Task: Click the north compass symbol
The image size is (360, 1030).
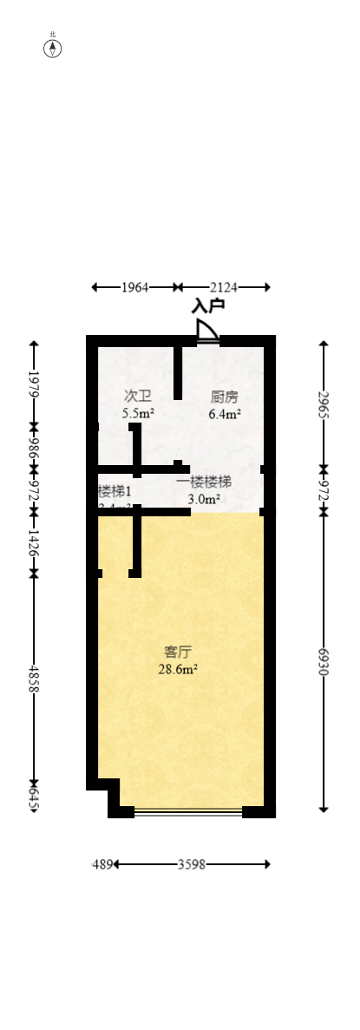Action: pos(53,48)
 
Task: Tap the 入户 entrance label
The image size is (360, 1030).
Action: pos(208,305)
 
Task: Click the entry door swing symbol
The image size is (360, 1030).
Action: pos(206,332)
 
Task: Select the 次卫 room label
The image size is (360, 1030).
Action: pos(138,397)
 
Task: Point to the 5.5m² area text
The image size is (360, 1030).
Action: pos(139,414)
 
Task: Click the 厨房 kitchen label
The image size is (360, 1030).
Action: pos(224,397)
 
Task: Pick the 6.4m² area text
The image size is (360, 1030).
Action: pos(224,414)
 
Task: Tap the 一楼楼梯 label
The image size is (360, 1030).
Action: pos(204,482)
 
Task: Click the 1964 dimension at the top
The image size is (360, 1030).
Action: pos(134,286)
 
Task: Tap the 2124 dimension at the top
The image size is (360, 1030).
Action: pos(224,286)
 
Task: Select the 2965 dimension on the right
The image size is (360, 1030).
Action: pos(324,405)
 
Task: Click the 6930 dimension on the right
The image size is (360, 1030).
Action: pos(324,662)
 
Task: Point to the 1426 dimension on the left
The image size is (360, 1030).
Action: pos(34,542)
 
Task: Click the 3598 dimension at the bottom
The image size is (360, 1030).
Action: pos(192,864)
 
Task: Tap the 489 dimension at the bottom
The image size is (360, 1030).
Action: pos(102,864)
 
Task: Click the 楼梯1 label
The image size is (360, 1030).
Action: pos(115,491)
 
